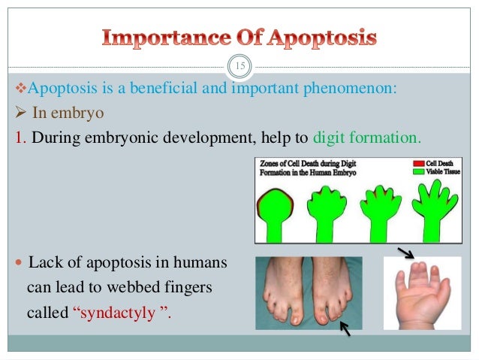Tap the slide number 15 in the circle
pyautogui.click(x=239, y=67)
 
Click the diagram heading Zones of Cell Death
pyautogui.click(x=306, y=163)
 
